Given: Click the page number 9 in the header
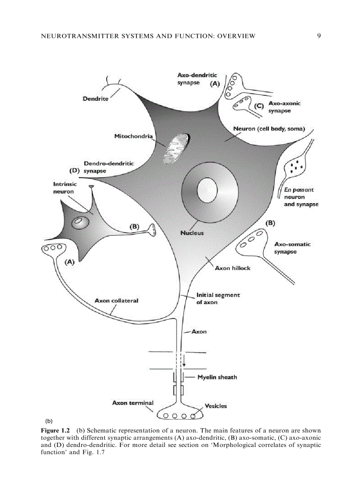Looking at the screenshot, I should pyautogui.click(x=319, y=36).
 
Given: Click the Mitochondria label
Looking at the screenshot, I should pyautogui.click(x=133, y=136).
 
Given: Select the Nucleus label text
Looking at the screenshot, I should pyautogui.click(x=192, y=233).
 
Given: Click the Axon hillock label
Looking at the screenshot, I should pyautogui.click(x=232, y=268).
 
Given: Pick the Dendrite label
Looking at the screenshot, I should pyautogui.click(x=95, y=99).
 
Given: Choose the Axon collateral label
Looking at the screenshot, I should pyautogui.click(x=116, y=301).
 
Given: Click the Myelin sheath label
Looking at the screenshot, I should pyautogui.click(x=217, y=377).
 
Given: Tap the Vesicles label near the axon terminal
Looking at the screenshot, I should pyautogui.click(x=216, y=406).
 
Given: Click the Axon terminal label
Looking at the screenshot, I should pyautogui.click(x=133, y=403).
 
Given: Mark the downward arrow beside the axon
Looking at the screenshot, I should pyautogui.click(x=184, y=360).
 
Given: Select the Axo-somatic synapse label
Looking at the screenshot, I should pyautogui.click(x=292, y=248).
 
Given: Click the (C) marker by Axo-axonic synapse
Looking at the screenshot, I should pyautogui.click(x=259, y=106).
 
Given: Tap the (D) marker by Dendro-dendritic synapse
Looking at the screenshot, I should pyautogui.click(x=75, y=169).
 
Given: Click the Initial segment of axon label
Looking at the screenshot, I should pyautogui.click(x=218, y=298).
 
